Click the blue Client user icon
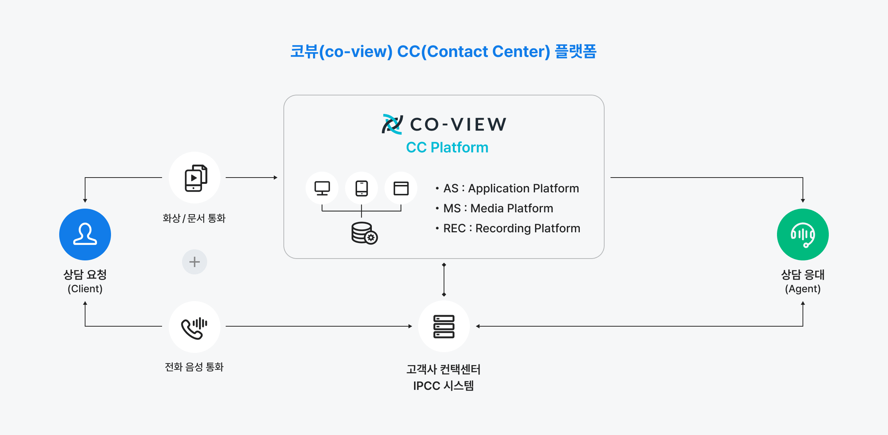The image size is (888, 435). point(85,235)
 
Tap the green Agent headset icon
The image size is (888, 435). point(803,235)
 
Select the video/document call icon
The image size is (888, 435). point(195,178)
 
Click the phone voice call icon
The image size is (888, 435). point(195,327)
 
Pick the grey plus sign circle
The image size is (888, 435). point(195,262)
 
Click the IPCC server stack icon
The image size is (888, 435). point(444,326)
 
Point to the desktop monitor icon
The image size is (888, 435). point(322,188)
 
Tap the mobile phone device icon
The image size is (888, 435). point(361,188)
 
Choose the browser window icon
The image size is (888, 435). point(401,188)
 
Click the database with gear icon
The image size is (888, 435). point(364,233)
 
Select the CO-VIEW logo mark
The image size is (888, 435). point(392,124)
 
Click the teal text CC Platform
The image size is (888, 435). point(447,147)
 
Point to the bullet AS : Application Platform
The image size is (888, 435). point(511,188)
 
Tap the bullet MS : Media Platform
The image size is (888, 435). point(498,208)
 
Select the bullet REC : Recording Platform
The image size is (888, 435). point(511,228)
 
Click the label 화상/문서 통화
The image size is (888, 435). point(194,218)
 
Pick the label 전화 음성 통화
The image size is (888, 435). point(194,367)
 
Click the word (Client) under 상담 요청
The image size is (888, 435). point(85,289)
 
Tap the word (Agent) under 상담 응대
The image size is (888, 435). point(803,289)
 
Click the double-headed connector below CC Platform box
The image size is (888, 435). point(444,280)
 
